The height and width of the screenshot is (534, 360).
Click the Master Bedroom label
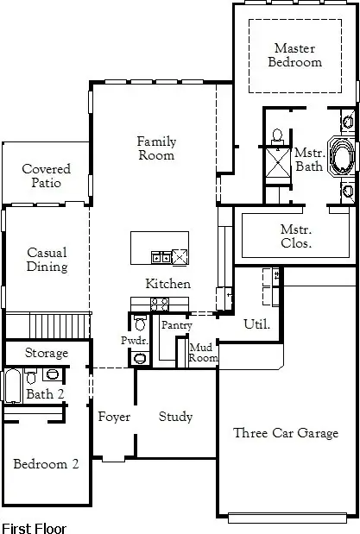click(x=294, y=55)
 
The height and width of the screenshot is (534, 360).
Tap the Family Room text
click(x=155, y=148)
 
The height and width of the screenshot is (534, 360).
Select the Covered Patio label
click(x=46, y=176)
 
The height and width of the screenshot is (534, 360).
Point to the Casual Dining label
click(x=47, y=260)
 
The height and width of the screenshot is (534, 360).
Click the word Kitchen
click(x=167, y=284)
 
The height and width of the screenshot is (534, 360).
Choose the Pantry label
click(x=176, y=325)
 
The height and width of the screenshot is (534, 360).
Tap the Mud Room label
click(x=203, y=352)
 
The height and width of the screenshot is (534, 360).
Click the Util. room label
click(x=257, y=325)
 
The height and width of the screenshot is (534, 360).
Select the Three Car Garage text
click(x=286, y=433)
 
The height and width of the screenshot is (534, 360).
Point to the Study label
click(x=175, y=417)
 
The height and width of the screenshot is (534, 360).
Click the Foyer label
click(x=113, y=417)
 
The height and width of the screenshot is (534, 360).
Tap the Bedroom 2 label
click(x=46, y=464)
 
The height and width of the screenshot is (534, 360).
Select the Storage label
click(x=46, y=354)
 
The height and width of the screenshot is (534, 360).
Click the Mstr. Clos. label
click(x=296, y=236)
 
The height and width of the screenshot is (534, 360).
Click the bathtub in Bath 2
click(x=12, y=386)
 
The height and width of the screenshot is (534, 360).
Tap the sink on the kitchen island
click(x=161, y=256)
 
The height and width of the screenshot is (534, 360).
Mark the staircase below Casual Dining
click(x=60, y=326)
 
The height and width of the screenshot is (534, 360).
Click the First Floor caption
click(x=34, y=526)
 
